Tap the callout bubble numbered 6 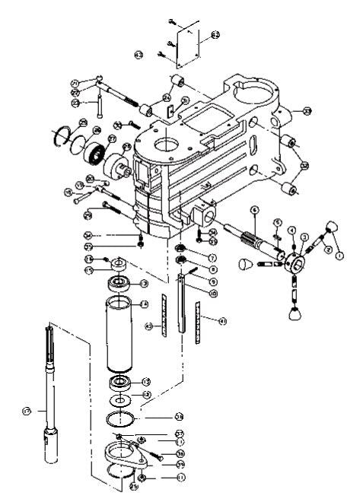click(x=256, y=210)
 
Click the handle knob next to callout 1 click(x=333, y=227)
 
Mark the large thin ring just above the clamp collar click(x=122, y=418)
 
